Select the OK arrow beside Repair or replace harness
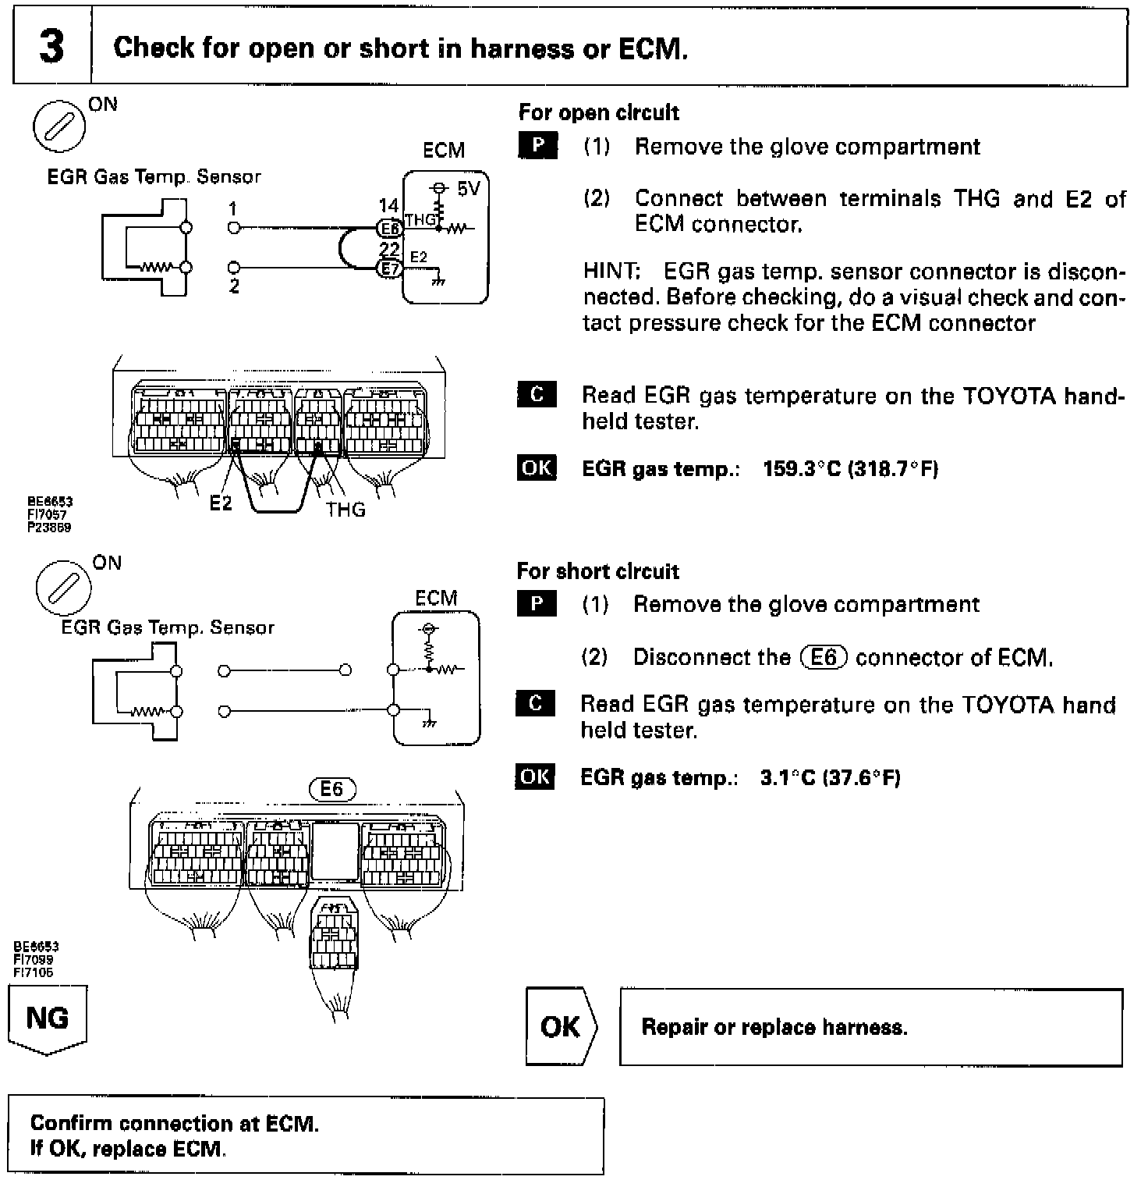[x=560, y=1026]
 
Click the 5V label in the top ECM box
[x=469, y=189]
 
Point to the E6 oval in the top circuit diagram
[x=390, y=227]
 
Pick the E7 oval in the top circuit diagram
[x=390, y=268]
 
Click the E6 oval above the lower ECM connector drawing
[x=331, y=789]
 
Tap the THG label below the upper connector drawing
[x=345, y=510]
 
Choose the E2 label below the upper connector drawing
[x=221, y=503]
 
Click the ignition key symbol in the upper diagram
[x=59, y=127]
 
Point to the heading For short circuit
[x=597, y=571]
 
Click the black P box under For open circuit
[x=537, y=146]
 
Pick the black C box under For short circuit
[x=535, y=704]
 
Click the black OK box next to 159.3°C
[x=537, y=467]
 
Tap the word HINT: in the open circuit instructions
[x=611, y=272]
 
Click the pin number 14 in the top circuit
[x=388, y=206]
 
